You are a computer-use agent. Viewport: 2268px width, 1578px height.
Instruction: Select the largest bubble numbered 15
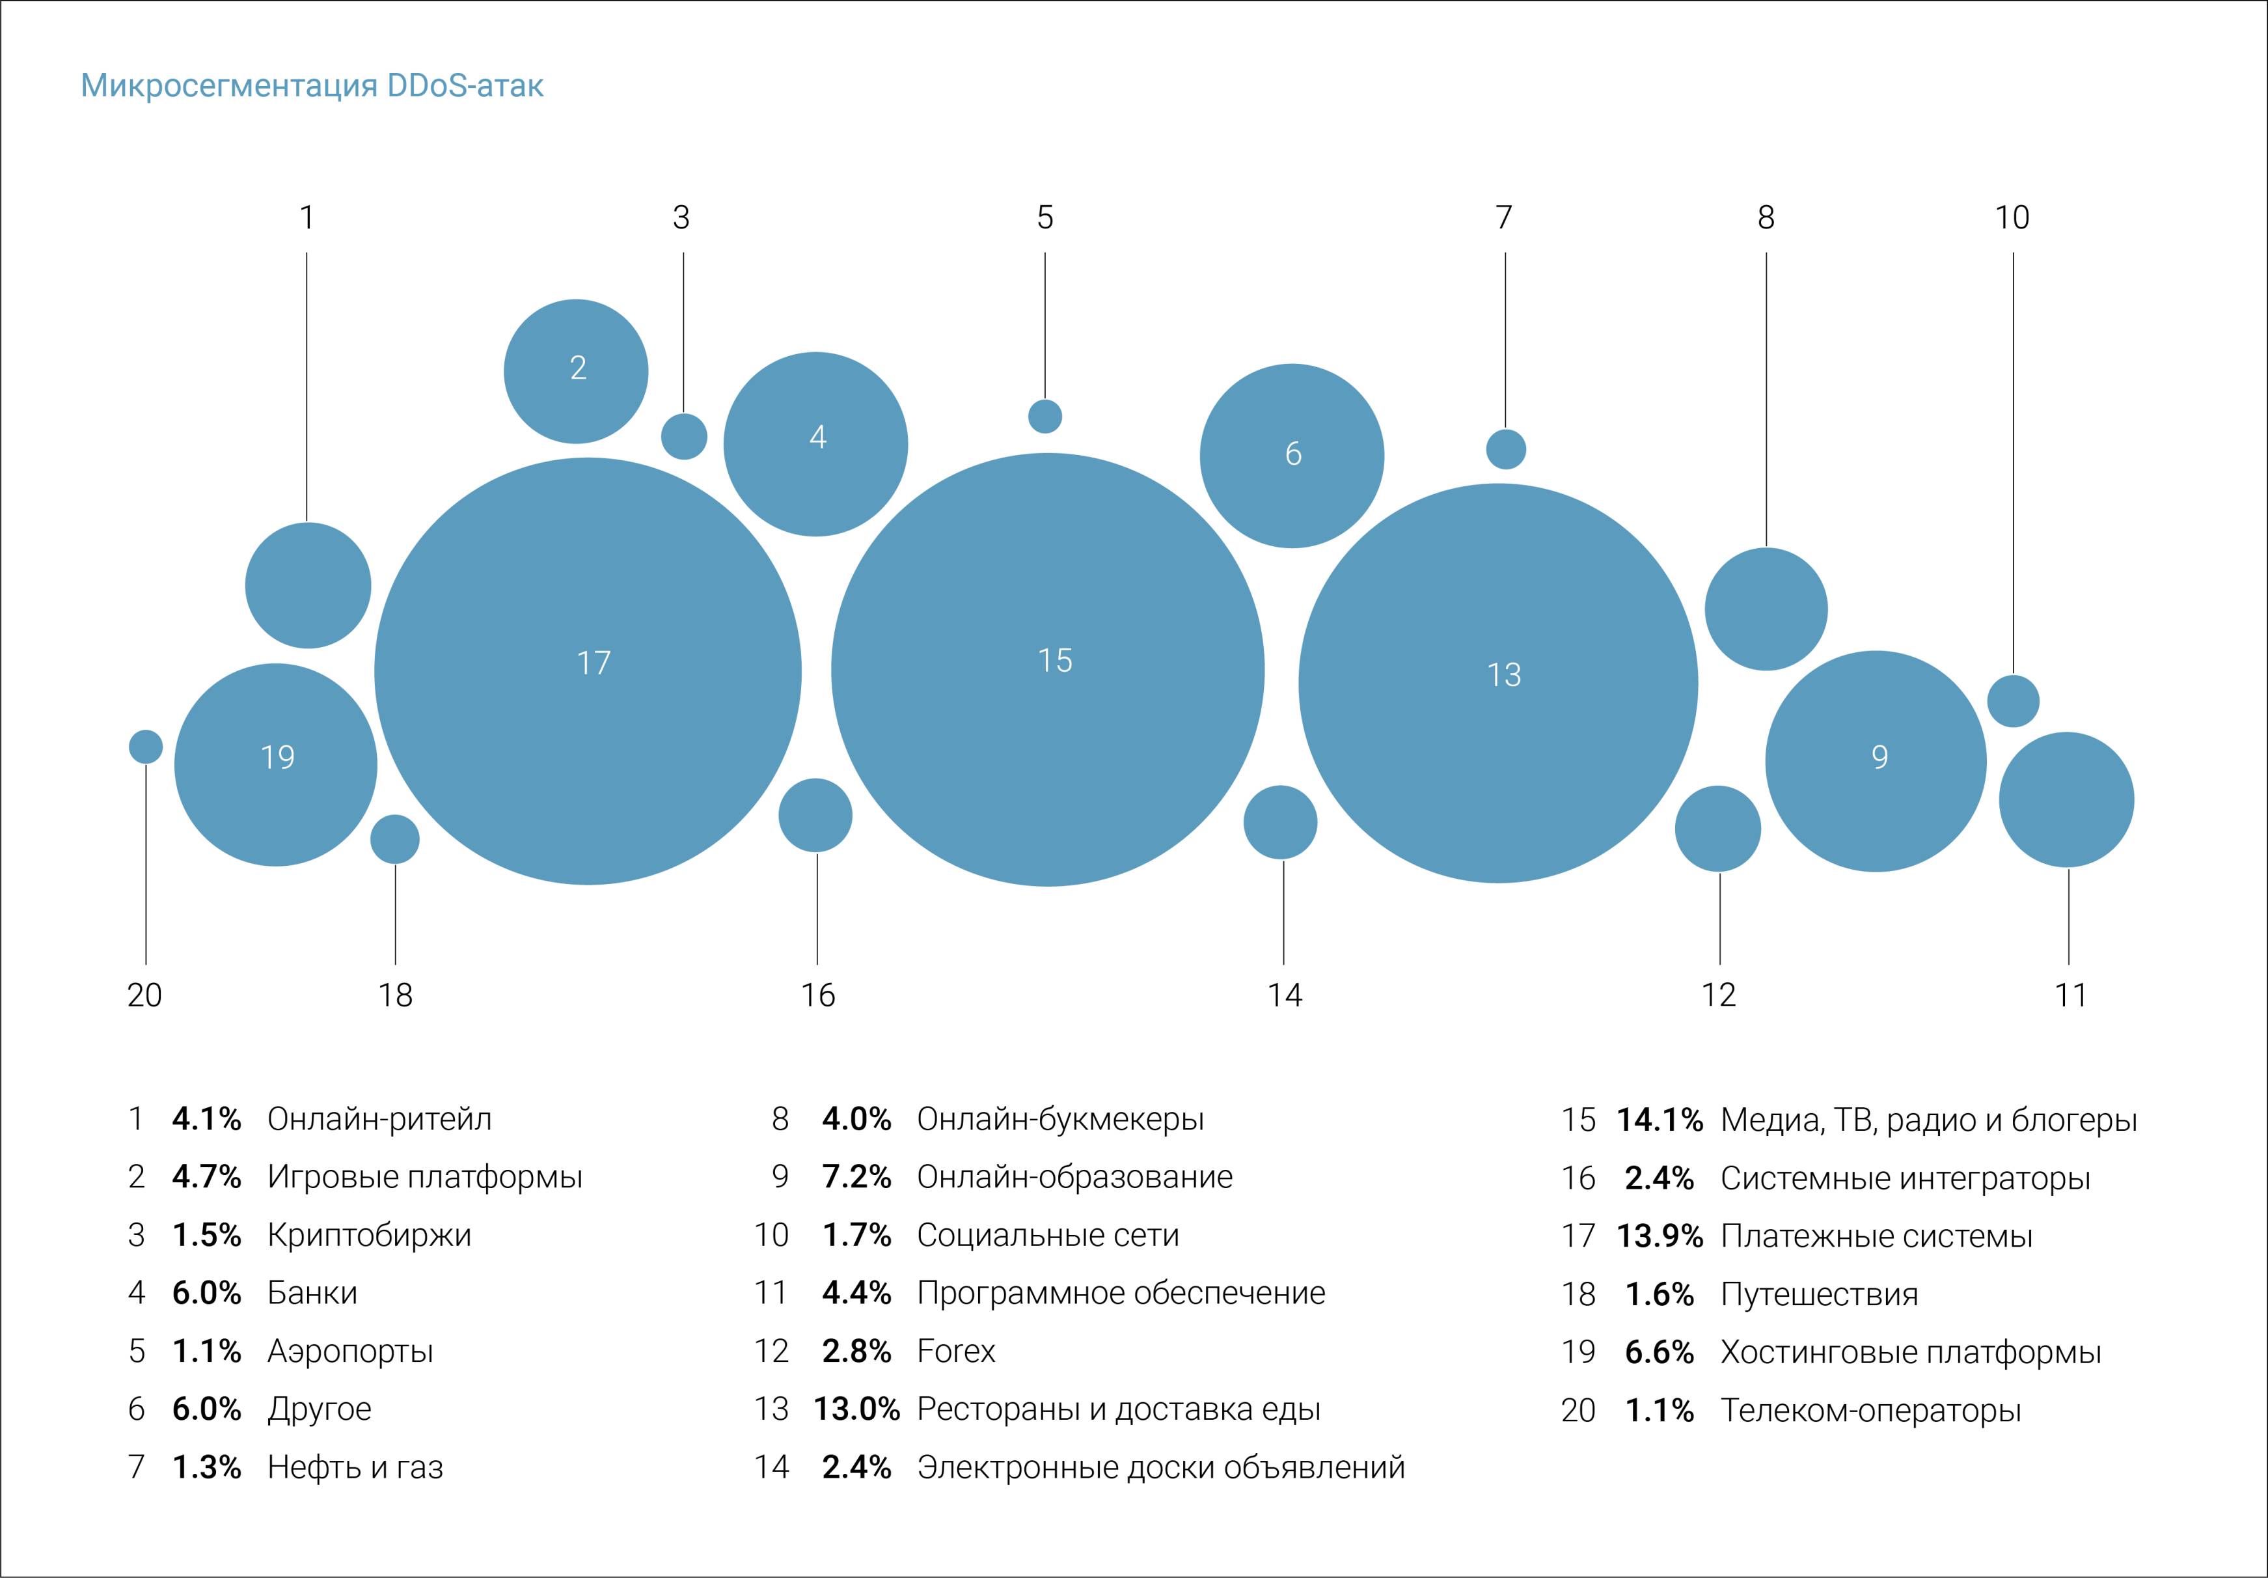[x=1047, y=670]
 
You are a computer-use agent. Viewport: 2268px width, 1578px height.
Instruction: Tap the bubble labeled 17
[x=588, y=672]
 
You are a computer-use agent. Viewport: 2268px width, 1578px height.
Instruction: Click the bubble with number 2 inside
[x=576, y=372]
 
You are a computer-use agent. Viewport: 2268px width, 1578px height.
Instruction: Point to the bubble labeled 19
[x=275, y=765]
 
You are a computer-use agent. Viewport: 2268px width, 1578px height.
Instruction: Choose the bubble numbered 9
[x=1875, y=761]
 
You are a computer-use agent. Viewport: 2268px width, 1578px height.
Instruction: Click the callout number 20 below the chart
[x=144, y=994]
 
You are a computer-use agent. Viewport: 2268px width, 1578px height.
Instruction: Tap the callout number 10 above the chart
[x=2012, y=217]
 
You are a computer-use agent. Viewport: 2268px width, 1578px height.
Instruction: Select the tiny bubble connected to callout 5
[x=1045, y=416]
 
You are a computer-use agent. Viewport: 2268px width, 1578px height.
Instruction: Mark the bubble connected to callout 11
[x=2066, y=799]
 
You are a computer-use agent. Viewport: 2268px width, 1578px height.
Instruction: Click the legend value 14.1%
[x=1660, y=1120]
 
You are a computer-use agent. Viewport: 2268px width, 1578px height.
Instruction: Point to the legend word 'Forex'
[x=955, y=1351]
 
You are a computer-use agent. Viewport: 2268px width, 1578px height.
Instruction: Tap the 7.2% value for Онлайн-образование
[x=856, y=1177]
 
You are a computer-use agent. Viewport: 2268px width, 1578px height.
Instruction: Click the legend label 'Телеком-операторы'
[x=1871, y=1410]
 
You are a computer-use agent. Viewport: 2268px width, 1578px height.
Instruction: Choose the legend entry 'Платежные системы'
[x=1876, y=1236]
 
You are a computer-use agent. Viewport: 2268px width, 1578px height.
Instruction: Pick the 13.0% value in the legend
[x=856, y=1409]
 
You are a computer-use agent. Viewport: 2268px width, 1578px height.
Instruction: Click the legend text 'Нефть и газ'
[x=355, y=1467]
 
